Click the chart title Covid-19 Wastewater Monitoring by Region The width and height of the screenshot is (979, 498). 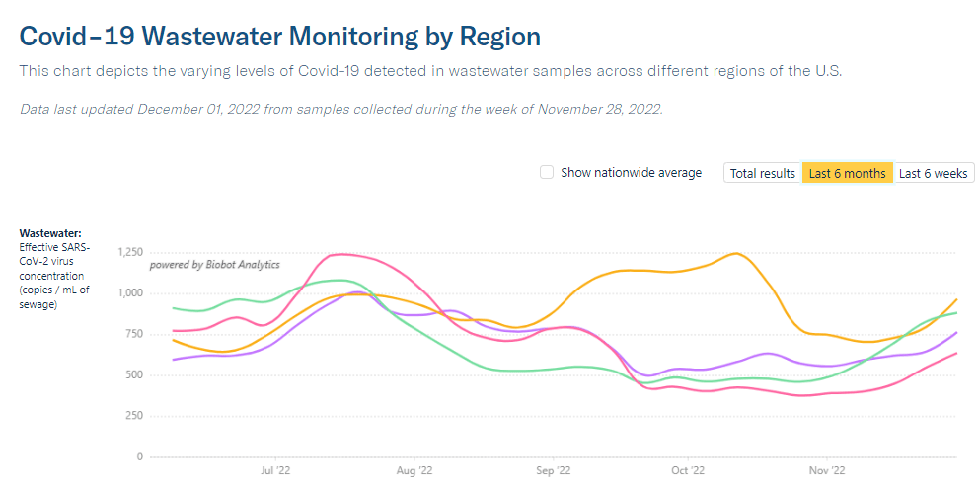coord(280,37)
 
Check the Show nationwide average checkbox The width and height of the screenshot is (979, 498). coord(547,173)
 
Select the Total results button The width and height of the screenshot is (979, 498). coord(762,173)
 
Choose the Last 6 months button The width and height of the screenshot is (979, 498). coord(847,173)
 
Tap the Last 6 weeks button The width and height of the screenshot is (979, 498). coord(934,173)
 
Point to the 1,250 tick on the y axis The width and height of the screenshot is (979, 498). coord(130,252)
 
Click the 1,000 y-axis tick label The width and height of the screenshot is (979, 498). coord(130,293)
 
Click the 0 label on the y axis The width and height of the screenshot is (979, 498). coord(140,457)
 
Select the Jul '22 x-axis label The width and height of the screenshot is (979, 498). coord(274,471)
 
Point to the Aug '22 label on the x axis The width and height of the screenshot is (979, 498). coord(414,471)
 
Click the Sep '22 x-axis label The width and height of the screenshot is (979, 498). coord(554,471)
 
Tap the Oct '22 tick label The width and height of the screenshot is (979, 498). coord(687,471)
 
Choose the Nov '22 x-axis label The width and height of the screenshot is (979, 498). coord(826,471)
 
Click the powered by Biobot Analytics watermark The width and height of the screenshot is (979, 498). coord(214,265)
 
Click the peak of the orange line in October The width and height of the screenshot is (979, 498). coord(735,254)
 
